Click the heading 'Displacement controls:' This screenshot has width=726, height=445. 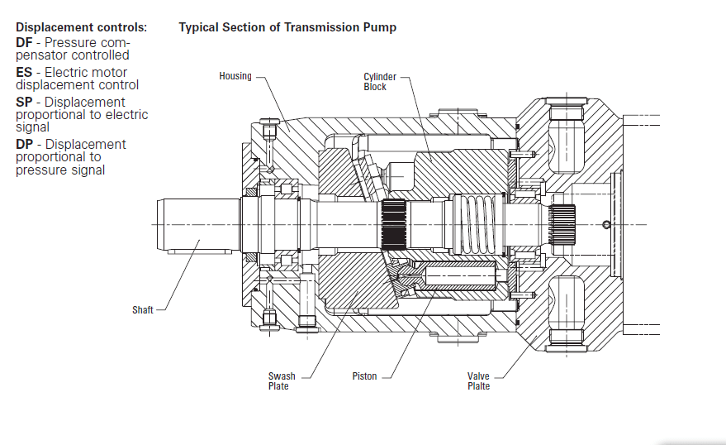click(81, 27)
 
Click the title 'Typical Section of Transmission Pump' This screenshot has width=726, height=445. click(287, 27)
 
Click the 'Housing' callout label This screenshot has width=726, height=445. click(235, 76)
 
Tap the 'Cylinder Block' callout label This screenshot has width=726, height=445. click(375, 82)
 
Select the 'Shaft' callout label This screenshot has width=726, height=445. click(143, 310)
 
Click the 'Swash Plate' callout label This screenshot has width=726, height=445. click(278, 380)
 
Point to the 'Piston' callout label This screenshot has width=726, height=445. click(364, 376)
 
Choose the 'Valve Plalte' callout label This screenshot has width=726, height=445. click(479, 380)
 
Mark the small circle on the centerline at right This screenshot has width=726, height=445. click(608, 224)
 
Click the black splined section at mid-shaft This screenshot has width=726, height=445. click(395, 225)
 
